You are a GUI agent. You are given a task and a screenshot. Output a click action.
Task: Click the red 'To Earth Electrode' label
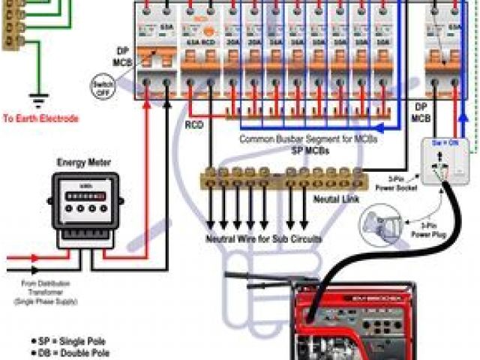click(40, 118)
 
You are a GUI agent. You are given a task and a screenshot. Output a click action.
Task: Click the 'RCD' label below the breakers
click(195, 124)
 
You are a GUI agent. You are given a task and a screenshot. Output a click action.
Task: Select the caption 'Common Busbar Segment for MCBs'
click(307, 139)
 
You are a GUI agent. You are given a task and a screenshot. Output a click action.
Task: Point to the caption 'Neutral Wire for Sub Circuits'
click(264, 239)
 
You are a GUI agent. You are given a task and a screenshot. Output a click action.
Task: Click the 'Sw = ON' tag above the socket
click(445, 142)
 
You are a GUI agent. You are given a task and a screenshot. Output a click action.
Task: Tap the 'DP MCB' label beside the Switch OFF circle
click(121, 55)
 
